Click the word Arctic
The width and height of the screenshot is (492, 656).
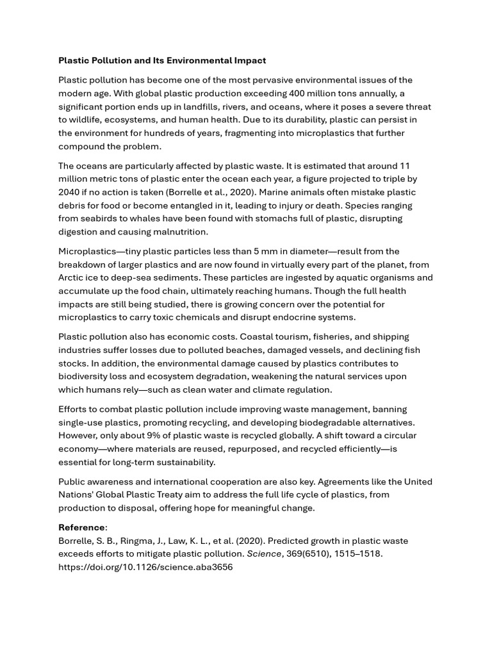(71, 278)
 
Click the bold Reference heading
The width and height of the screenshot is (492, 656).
(81, 528)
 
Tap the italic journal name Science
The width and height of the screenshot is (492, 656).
(264, 554)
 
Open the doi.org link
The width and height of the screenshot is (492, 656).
(145, 568)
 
